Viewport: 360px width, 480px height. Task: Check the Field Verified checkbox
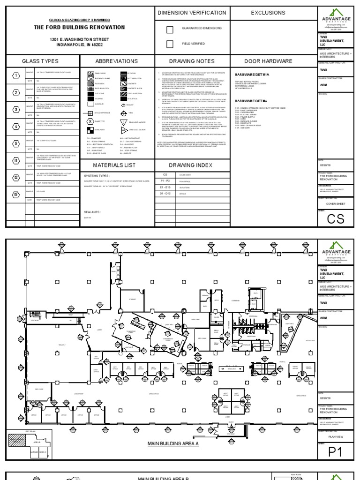click(171, 44)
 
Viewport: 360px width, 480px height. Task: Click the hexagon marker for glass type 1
click(15, 76)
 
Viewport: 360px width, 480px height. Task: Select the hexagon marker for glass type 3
click(15, 110)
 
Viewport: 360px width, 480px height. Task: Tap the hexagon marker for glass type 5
click(15, 144)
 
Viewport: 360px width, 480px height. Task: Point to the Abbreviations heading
click(117, 61)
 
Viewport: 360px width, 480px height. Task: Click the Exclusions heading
click(268, 13)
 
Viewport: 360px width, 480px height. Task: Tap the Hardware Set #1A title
click(246, 75)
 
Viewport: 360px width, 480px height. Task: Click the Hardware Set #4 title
click(245, 101)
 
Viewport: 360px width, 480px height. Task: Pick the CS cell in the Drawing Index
click(165, 175)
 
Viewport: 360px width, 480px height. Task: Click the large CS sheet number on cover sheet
click(338, 219)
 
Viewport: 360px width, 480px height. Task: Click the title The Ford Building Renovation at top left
click(79, 28)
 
